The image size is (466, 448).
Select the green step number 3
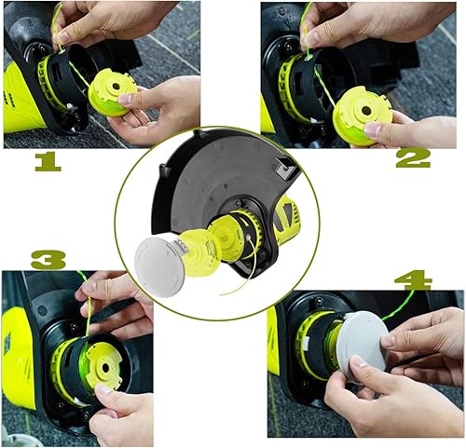pos(48,259)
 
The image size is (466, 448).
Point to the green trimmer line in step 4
pos(399,303)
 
